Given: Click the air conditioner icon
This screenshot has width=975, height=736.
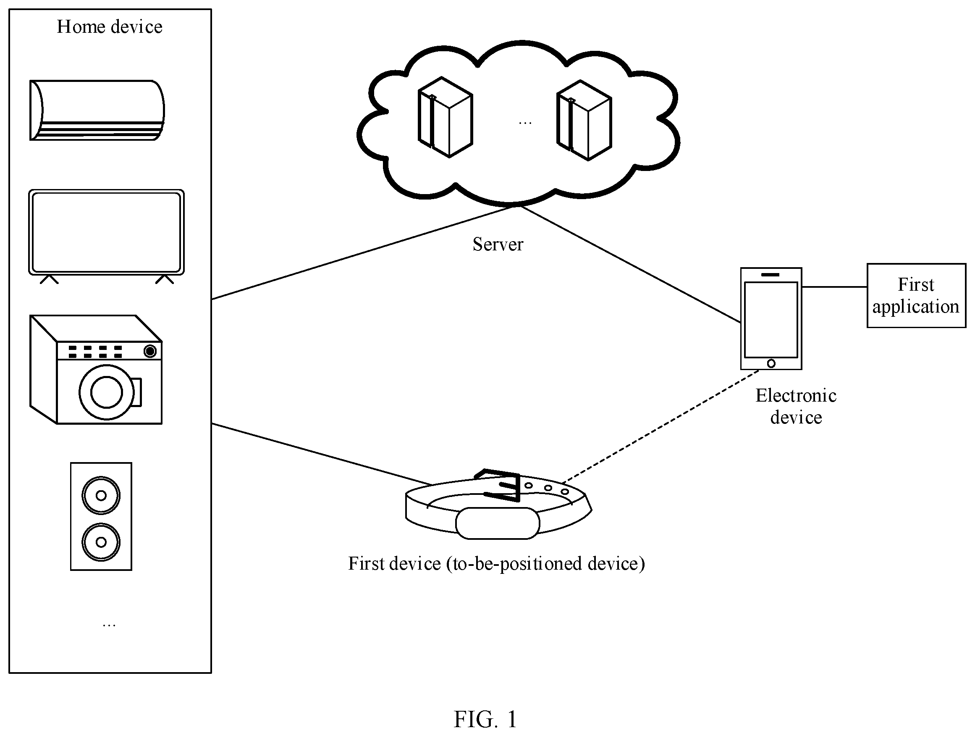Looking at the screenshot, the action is pos(97,110).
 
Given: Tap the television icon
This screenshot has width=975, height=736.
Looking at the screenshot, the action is pos(106,237).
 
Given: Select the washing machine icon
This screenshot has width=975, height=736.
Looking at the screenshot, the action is pos(96,370).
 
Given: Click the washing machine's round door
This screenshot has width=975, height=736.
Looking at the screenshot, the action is pos(107,392).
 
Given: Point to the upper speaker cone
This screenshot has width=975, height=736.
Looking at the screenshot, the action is pos(101,496).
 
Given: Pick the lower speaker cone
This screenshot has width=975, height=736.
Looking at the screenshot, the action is pos(101,542).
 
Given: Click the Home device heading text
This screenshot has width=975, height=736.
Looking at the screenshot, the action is pos(110,26).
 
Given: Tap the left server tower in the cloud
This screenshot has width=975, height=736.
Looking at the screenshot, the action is pos(445,117).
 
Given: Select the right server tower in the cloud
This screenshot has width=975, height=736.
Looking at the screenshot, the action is pos(584,120).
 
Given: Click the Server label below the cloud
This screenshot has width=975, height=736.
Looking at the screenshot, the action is pos(498,244).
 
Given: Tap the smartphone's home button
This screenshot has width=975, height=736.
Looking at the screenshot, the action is pos(771,363).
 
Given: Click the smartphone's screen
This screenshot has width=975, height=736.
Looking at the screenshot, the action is pos(771,320).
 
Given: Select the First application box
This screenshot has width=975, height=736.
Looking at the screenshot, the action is pos(916,295).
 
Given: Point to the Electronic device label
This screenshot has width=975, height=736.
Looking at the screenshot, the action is pos(796,406).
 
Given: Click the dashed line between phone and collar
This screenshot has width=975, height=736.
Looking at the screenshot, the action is pos(660,426).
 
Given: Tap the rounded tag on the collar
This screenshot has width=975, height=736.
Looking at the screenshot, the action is pos(498,523).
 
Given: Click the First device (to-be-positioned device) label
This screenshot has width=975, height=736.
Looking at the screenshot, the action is pos(496,564).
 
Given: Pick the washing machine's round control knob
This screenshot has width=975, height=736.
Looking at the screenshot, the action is pos(150,351).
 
